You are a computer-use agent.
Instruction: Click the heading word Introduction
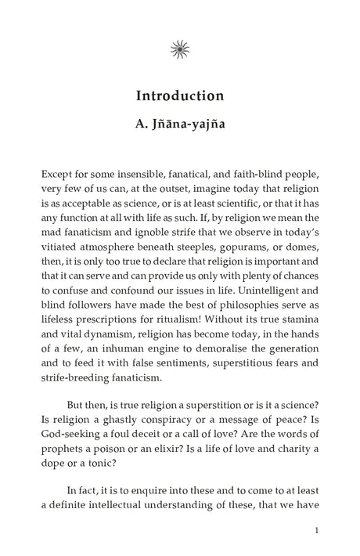click(x=180, y=96)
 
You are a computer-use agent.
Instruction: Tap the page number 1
click(x=315, y=531)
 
